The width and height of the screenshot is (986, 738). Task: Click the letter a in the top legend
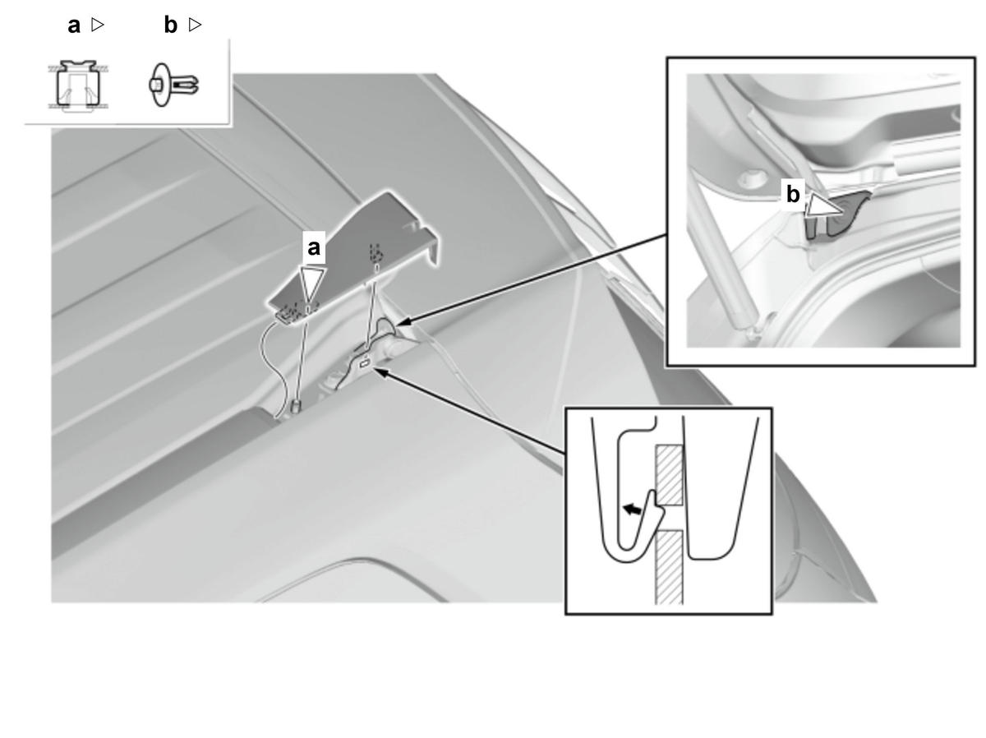tap(74, 25)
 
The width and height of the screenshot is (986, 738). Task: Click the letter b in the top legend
tap(171, 25)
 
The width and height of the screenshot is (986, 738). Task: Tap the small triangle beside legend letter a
tap(98, 25)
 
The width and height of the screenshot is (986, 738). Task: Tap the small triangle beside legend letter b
tap(195, 25)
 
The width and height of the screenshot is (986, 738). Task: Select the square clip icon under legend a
tap(79, 85)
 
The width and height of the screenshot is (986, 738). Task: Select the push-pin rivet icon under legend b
tap(173, 85)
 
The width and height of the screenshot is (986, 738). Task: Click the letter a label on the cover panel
tap(314, 247)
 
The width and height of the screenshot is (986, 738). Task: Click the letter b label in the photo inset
tap(793, 195)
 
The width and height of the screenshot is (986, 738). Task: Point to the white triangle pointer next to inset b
tap(822, 206)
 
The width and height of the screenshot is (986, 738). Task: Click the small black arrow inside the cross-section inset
tap(633, 509)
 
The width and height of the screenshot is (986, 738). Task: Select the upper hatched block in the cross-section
tap(670, 475)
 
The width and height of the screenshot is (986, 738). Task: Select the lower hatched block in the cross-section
tap(670, 567)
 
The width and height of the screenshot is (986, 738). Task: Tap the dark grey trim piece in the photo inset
tap(839, 215)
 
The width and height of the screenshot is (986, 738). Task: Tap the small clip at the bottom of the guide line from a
tap(296, 405)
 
